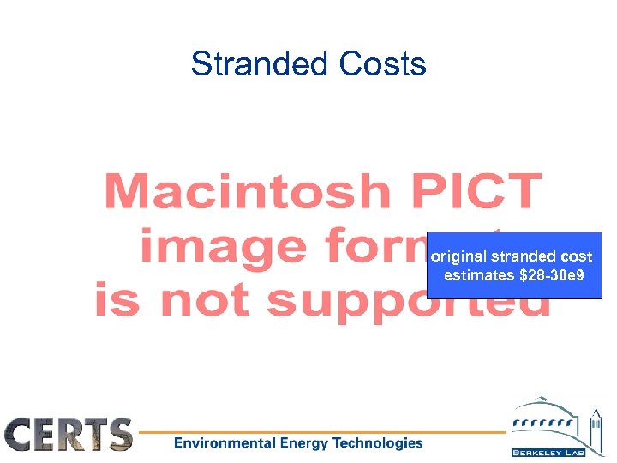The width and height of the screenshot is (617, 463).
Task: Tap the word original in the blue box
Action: pos(458,256)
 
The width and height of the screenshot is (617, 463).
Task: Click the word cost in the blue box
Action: pos(577,256)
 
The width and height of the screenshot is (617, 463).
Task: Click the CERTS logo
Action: pos(69,434)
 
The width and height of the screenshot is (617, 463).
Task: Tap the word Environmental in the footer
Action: pos(225,443)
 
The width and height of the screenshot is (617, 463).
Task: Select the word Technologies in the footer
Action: pos(380,443)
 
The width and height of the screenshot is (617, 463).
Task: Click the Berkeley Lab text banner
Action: pos(547,451)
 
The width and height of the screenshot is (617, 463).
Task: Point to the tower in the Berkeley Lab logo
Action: pos(595,425)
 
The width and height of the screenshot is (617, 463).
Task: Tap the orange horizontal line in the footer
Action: pos(326,431)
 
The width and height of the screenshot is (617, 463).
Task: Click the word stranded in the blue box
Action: pos(522,256)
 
